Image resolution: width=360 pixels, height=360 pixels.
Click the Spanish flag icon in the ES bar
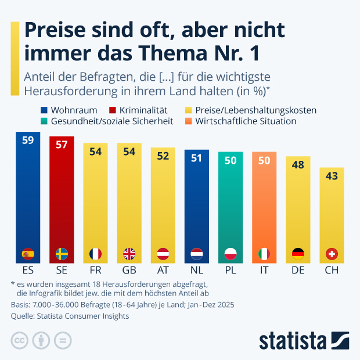[27, 254]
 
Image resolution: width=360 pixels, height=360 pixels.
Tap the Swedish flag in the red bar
[61, 254]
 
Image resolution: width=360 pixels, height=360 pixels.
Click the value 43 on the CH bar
[332, 175]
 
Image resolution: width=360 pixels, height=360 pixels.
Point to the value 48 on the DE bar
[298, 164]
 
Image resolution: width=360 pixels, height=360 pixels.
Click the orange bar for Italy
[264, 203]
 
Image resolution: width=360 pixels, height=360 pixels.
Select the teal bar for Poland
[231, 203]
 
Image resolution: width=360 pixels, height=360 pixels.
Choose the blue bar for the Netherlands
[197, 203]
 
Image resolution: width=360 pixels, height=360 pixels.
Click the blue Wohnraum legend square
[44, 110]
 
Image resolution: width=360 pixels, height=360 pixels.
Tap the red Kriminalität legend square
[111, 110]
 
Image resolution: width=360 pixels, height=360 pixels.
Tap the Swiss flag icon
[332, 254]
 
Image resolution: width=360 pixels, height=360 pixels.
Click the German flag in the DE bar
[298, 254]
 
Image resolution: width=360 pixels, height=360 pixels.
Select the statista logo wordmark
[293, 340]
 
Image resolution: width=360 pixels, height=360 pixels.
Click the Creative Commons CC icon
[20, 340]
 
